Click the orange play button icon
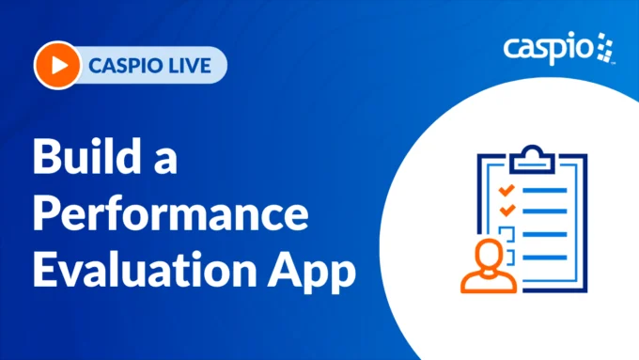coord(55,65)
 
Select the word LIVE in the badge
coord(191,66)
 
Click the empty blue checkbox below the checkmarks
coord(507,231)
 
